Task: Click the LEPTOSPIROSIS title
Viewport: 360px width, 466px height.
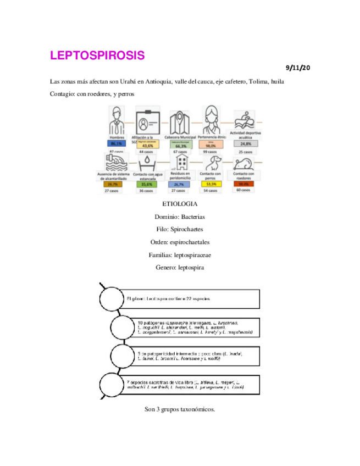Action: pos(97,56)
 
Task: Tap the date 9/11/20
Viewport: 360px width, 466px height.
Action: pos(298,68)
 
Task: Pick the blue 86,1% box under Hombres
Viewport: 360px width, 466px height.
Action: pos(116,143)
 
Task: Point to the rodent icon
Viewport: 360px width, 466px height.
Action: pos(243,163)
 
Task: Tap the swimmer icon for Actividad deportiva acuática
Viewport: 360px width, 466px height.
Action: pos(245,119)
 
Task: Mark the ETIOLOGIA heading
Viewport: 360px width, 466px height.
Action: pos(180,204)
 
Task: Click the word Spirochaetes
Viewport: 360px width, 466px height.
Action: pos(189,229)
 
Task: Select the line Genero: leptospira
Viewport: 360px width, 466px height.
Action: pos(180,268)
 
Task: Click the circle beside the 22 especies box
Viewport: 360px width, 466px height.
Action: pos(112,299)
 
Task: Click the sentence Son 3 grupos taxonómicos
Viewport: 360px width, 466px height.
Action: pos(180,409)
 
